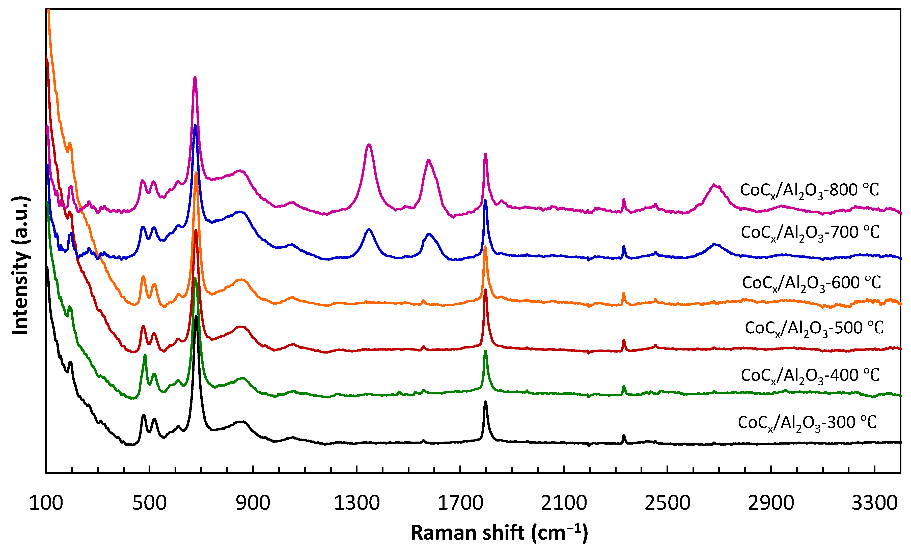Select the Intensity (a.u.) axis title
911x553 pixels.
(20, 266)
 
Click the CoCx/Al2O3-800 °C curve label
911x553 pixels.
(809, 191)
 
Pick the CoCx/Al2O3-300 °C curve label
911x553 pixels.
(807, 423)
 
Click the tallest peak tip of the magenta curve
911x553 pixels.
(195, 78)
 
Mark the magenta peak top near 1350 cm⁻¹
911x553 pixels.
(369, 145)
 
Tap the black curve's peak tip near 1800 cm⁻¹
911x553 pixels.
(485, 402)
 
